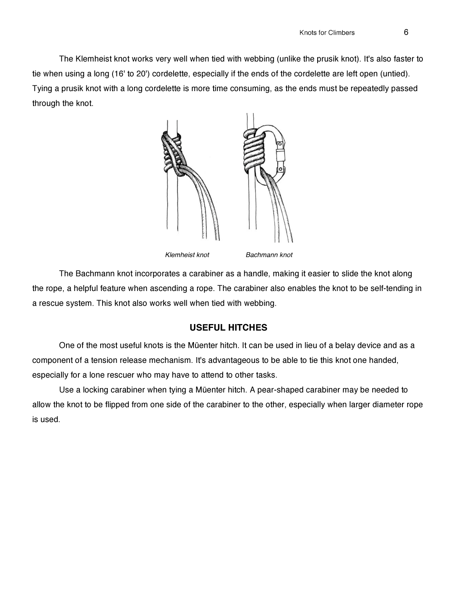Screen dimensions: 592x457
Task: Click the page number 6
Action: point(406,32)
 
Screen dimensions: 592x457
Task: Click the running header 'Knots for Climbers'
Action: point(327,33)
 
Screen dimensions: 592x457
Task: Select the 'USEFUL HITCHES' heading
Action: point(228,328)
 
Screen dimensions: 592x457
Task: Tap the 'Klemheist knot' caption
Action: point(187,255)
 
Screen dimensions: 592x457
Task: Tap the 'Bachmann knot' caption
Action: point(269,255)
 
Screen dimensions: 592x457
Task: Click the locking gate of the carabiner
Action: point(281,156)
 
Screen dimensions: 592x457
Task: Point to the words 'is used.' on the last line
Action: point(46,419)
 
